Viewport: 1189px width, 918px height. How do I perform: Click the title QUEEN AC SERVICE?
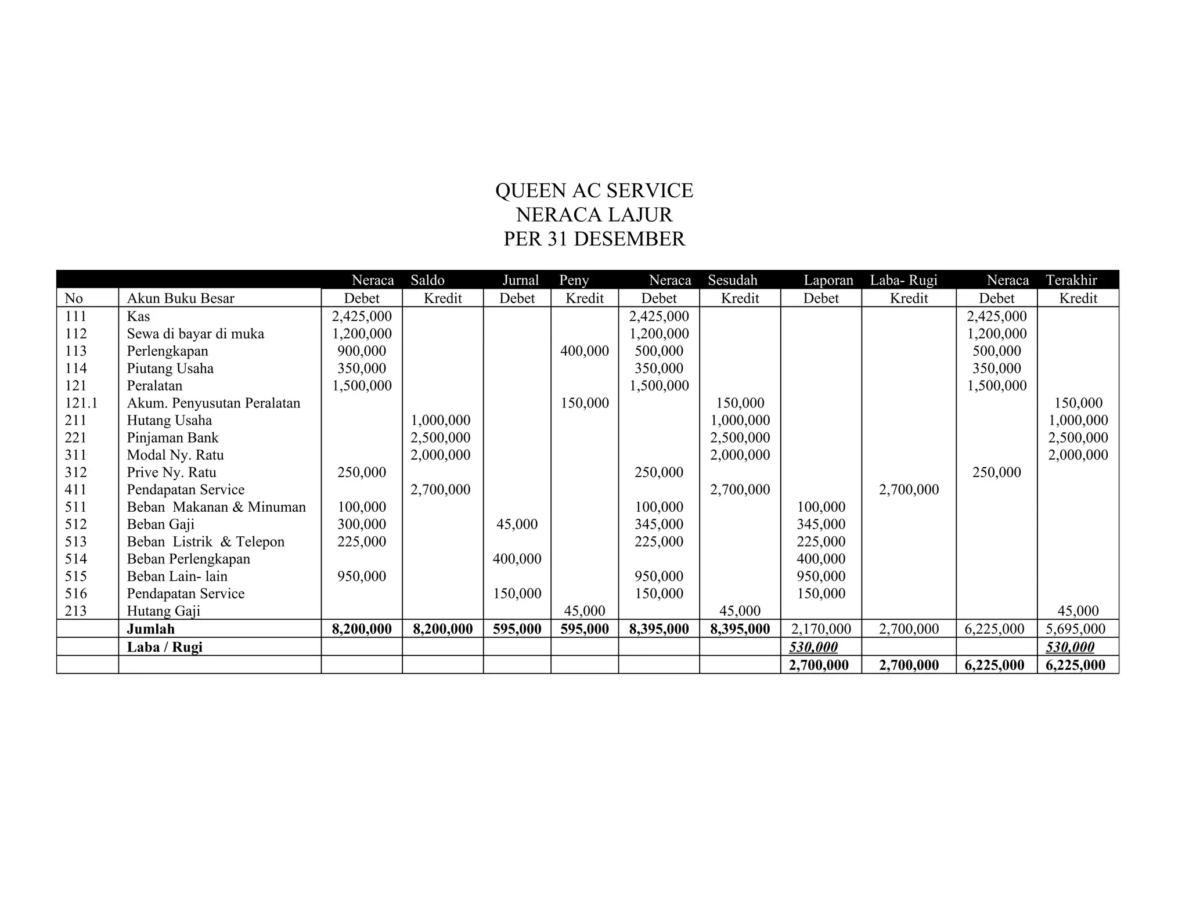click(x=594, y=190)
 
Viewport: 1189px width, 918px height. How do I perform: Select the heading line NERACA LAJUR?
click(x=594, y=215)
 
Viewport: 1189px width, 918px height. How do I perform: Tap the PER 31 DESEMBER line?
click(x=594, y=239)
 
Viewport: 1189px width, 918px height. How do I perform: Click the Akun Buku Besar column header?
click(x=181, y=298)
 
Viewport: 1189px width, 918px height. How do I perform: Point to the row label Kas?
click(x=138, y=316)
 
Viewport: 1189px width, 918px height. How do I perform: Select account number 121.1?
click(x=81, y=403)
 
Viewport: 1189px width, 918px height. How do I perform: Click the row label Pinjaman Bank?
click(x=172, y=438)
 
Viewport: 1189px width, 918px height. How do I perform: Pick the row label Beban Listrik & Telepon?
click(x=206, y=541)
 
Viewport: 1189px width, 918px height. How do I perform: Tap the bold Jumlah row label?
click(x=150, y=629)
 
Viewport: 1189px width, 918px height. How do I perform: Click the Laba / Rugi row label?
click(x=164, y=647)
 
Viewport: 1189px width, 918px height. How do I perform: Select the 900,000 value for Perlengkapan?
click(x=362, y=351)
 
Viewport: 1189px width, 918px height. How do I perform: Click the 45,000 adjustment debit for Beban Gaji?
click(x=517, y=524)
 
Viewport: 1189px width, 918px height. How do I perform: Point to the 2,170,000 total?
click(x=821, y=629)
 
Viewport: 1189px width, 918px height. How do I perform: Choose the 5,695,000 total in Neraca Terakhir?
click(x=1078, y=629)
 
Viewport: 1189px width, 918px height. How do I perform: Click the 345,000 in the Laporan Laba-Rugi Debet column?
click(x=821, y=524)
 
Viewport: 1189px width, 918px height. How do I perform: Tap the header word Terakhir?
click(x=1071, y=280)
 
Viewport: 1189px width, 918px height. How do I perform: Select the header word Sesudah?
click(x=732, y=280)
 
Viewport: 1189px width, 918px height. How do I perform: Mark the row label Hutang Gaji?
click(x=163, y=611)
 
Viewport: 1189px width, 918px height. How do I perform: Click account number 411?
click(x=75, y=489)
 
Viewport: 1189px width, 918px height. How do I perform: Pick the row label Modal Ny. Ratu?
click(x=175, y=455)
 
